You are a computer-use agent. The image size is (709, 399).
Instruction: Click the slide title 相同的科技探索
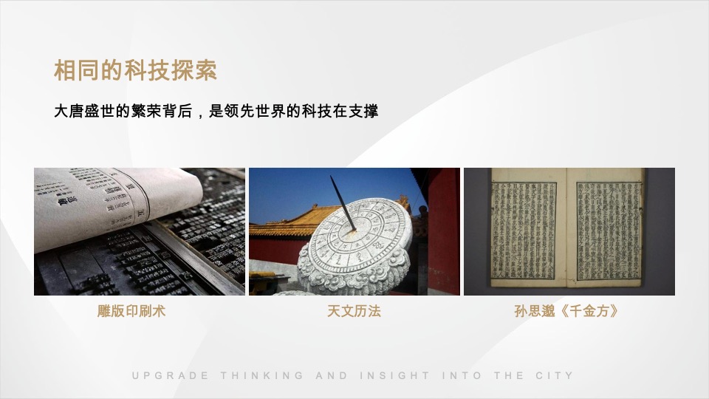click(x=135, y=71)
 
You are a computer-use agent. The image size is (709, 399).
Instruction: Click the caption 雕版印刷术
click(x=131, y=312)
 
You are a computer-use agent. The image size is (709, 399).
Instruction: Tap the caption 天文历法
click(x=354, y=312)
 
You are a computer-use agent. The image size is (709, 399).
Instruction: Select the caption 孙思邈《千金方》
click(x=566, y=312)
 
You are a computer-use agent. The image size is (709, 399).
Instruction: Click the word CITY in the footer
click(x=554, y=375)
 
